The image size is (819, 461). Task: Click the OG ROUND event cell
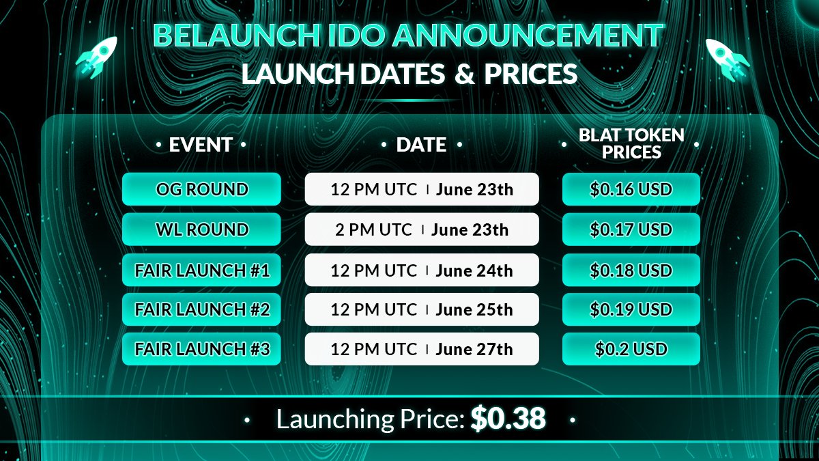201,189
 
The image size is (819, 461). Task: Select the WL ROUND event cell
201,229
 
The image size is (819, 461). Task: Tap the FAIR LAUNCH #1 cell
201,270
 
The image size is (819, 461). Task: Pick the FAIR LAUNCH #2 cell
201,309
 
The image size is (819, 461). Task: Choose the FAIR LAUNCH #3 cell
201,349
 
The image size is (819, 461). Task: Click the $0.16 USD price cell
631,189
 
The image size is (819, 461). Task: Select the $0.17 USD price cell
631,229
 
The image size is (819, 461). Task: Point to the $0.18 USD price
631,270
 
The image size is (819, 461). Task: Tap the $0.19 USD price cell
631,309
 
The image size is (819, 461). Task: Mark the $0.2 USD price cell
631,349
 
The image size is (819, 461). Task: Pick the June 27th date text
474,349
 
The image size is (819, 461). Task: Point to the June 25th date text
474,309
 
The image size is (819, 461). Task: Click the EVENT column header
201,145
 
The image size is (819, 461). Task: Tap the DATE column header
421,145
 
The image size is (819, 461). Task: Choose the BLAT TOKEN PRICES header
631,143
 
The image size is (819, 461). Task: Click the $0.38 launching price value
508,419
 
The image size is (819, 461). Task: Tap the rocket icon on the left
96,58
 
